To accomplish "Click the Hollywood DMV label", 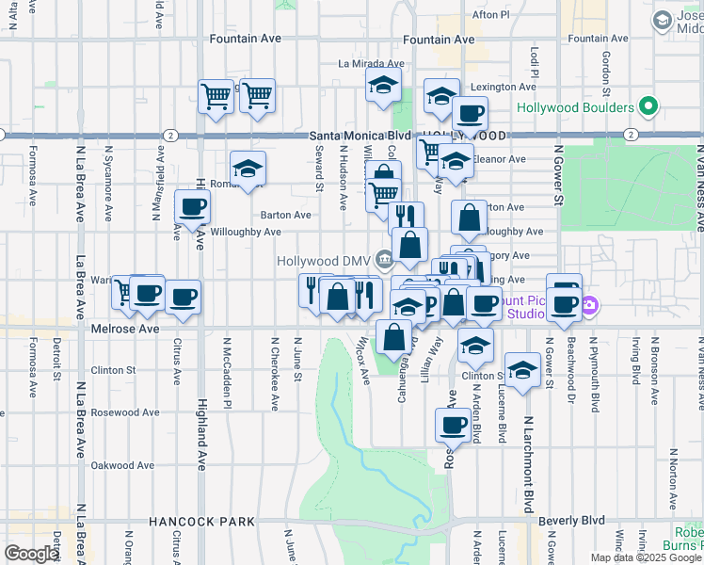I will point(324,260).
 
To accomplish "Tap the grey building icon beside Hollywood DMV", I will point(384,259).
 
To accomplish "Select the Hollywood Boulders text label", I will point(576,107).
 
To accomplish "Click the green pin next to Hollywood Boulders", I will point(648,106).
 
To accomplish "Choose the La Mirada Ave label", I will point(370,64).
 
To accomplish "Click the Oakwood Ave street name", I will point(122,465).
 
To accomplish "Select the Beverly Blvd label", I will point(571,520).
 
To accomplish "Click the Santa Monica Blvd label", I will point(358,136).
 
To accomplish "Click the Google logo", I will point(32,554).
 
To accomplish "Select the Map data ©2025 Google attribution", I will point(646,557).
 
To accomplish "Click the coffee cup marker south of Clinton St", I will point(454,425).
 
